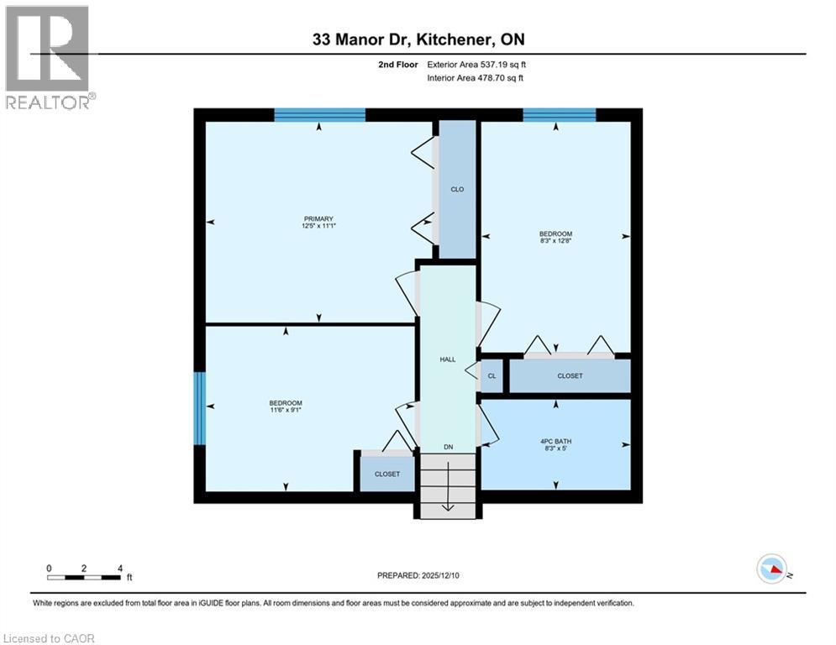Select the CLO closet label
457,190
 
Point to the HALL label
448,359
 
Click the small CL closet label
492,376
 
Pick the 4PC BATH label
555,442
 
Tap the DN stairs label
449,447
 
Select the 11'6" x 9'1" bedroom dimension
286,411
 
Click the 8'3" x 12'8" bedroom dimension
555,241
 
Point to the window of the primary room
319,115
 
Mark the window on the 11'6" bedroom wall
200,408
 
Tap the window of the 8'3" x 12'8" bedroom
559,115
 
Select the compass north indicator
771,570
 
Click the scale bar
84,577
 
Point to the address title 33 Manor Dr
418,39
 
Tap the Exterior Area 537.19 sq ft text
476,64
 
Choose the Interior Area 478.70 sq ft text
476,78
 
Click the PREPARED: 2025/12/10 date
418,575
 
